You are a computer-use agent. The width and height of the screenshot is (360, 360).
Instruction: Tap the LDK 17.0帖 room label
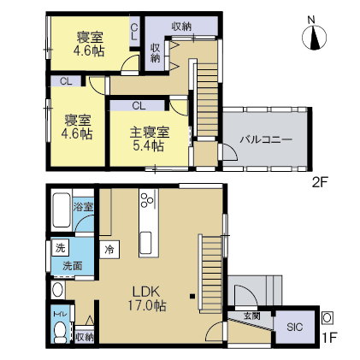coord(146,298)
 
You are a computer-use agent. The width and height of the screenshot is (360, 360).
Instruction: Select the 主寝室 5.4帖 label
coord(150,139)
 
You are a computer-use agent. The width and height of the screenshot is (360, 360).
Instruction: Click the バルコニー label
coord(266,139)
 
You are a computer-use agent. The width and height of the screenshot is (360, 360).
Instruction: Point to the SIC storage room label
coord(295,327)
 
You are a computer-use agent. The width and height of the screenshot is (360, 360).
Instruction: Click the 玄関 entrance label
coord(252,316)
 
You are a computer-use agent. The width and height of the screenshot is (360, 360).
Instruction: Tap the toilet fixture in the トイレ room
coord(60,333)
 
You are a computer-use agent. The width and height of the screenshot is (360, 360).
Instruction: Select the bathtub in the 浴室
coord(61,210)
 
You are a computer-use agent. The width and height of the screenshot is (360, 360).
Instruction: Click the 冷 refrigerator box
coord(109,250)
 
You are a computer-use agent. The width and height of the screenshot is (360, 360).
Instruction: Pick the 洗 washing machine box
coord(60,248)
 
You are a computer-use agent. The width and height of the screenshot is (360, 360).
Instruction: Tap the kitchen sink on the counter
coord(145,242)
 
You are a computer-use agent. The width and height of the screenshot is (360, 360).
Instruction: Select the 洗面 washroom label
coord(73,266)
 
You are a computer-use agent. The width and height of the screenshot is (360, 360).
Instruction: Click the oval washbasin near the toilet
coord(58,290)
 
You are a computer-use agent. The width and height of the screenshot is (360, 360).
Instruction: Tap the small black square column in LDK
coord(192,296)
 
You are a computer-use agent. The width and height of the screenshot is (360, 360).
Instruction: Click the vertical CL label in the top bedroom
coord(134,32)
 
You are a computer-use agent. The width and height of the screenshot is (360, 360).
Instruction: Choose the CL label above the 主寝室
coord(139,106)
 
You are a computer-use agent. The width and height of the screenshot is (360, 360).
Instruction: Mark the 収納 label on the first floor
coord(84,338)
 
